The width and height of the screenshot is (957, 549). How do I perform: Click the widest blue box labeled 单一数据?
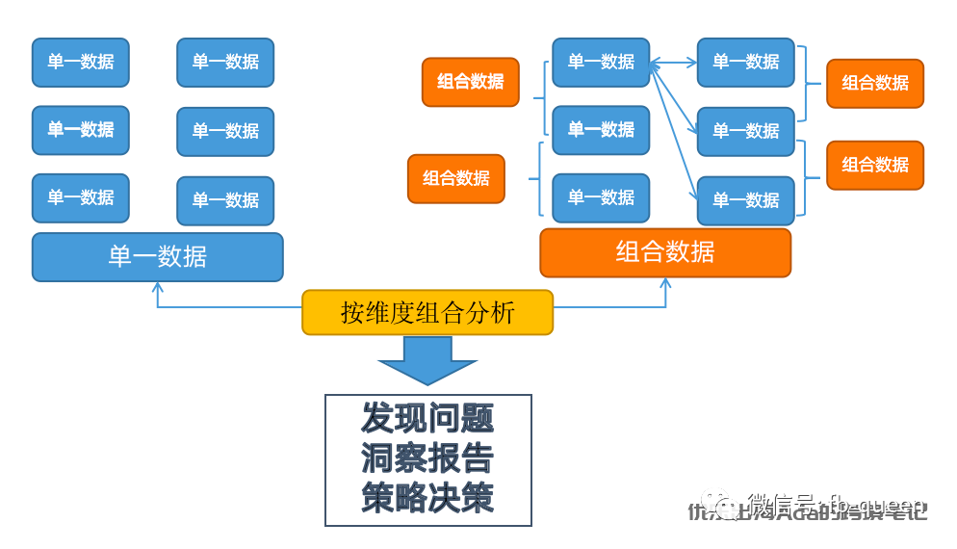click(x=158, y=257)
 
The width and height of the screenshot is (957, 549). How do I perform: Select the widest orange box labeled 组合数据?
click(x=665, y=252)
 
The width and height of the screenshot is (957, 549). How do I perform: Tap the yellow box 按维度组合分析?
click(x=427, y=313)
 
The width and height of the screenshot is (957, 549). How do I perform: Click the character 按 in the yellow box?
click(x=351, y=313)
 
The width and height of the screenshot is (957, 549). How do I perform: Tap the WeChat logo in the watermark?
click(x=719, y=504)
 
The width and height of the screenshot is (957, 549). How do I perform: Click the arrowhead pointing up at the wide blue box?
click(x=158, y=287)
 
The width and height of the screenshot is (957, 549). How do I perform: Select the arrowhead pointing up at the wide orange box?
click(x=665, y=283)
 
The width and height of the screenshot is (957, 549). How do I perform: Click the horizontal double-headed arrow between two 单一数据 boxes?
click(x=673, y=64)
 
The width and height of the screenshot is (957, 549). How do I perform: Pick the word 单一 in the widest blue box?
click(x=133, y=257)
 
